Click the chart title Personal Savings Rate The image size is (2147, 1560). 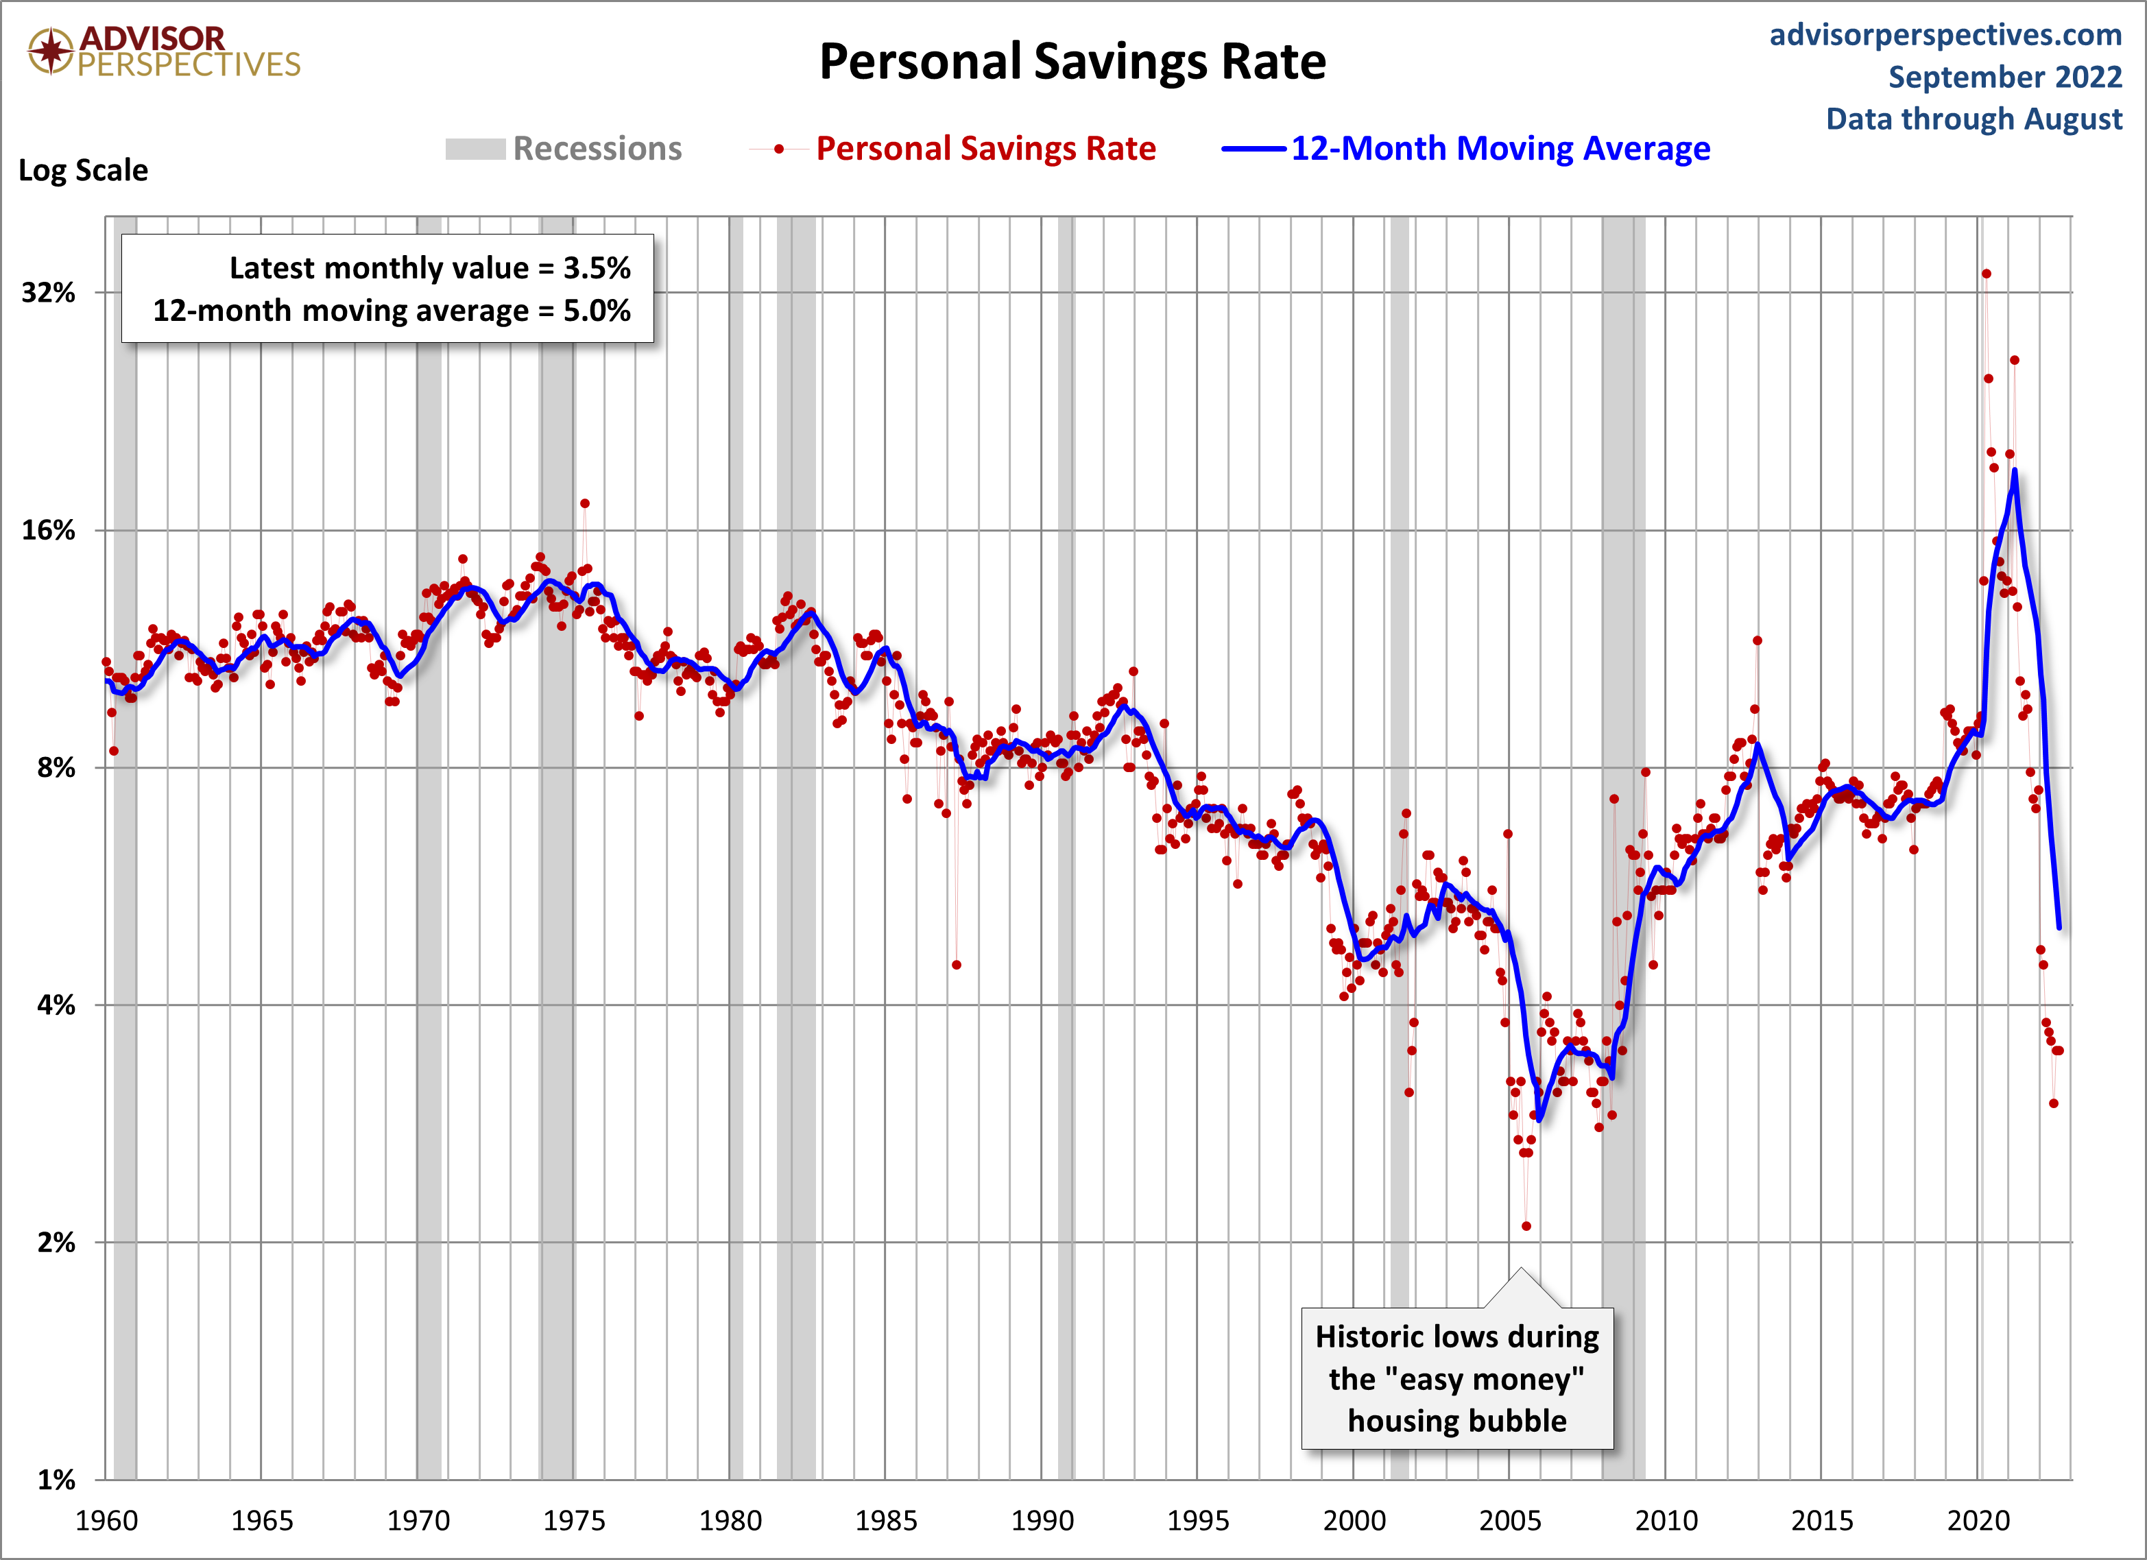point(1072,62)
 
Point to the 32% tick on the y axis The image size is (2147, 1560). point(48,293)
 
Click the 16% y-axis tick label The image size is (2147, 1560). point(48,530)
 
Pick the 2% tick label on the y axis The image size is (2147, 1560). point(55,1242)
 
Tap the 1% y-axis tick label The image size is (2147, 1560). point(55,1480)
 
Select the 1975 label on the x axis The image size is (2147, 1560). point(574,1521)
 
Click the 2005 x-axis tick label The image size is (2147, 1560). point(1509,1521)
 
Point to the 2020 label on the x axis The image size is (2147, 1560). point(1978,1521)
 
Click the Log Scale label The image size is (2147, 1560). point(83,170)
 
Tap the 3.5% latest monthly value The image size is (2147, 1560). point(597,268)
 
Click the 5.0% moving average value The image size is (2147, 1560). point(597,311)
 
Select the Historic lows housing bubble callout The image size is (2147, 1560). point(1457,1378)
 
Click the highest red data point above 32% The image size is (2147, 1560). point(1986,274)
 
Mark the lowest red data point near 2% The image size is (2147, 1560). point(1526,1226)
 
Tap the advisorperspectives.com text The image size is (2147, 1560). point(1945,35)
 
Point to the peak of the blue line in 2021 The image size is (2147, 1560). point(2015,470)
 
